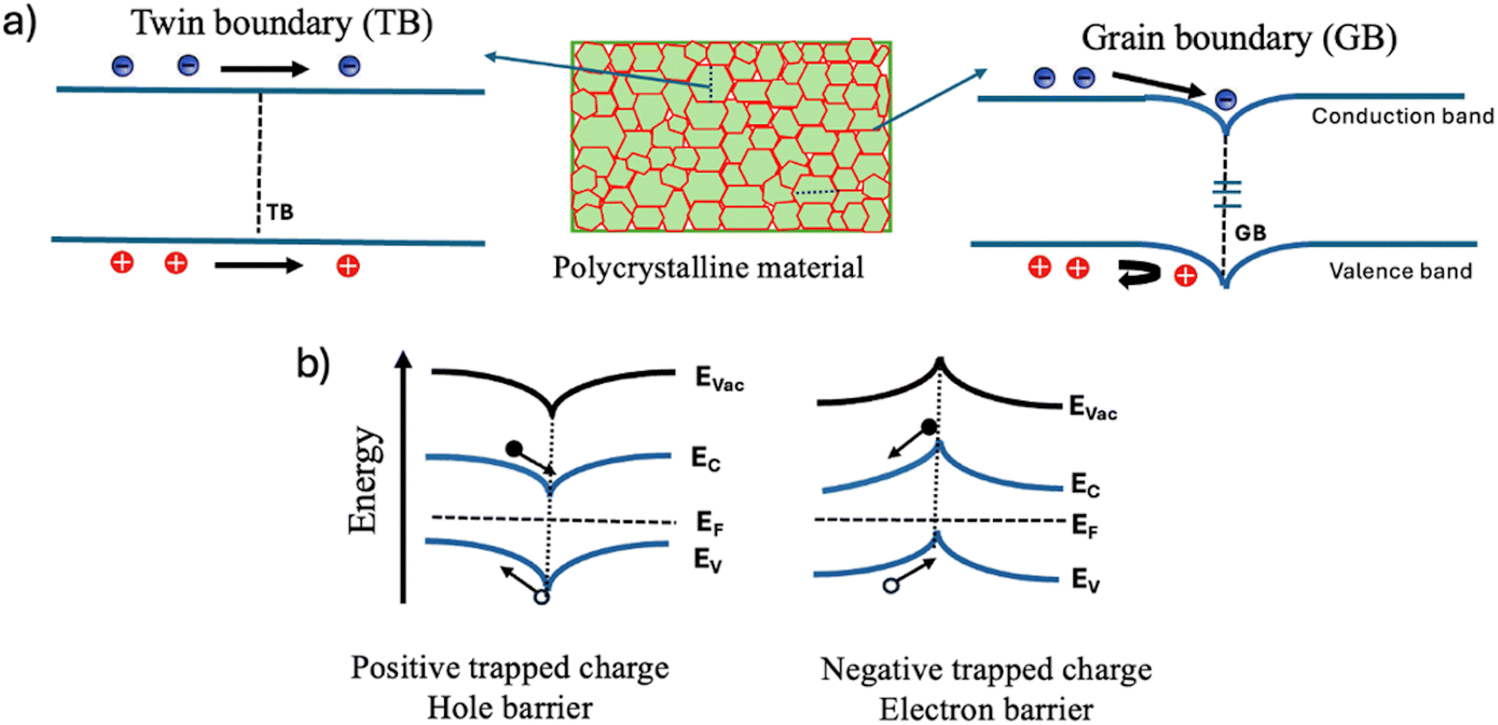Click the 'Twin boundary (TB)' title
(282, 24)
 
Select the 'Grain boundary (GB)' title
(1239, 38)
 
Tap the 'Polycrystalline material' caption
(708, 268)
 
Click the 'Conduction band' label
(1402, 116)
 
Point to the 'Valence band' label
(1400, 271)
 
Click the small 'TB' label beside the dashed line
(280, 212)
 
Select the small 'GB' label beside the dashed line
(1250, 233)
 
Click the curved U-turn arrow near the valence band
(1139, 274)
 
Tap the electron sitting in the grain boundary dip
(1225, 100)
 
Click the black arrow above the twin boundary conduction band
(265, 68)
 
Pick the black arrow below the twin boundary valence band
(259, 266)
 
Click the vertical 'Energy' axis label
(365, 480)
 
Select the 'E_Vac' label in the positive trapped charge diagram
(719, 379)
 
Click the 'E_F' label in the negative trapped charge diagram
(1085, 526)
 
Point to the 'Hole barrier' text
(509, 708)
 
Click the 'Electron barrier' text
(986, 709)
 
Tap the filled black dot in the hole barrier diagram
(514, 449)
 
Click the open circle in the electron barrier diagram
(891, 586)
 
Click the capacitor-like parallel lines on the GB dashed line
(1227, 194)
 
